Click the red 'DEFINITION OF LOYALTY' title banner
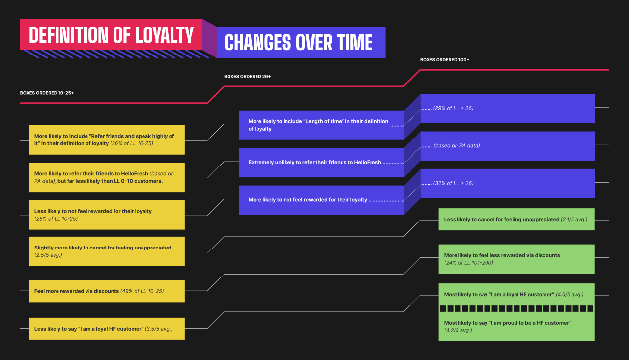pos(111,35)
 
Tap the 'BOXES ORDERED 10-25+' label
pos(47,93)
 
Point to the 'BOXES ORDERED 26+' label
pos(247,77)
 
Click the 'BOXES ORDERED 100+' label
pos(444,60)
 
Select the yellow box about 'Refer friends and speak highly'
pos(107,140)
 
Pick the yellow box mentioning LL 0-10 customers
pos(107,177)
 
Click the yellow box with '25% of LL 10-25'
pos(107,215)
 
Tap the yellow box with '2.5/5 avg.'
pos(107,251)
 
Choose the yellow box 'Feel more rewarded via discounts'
pos(107,291)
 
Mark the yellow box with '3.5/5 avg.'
pos(107,329)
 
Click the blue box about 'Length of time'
pos(321,125)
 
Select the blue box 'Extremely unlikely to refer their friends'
pos(321,162)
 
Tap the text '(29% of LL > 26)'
pos(453,108)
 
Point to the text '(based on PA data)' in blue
pos(457,146)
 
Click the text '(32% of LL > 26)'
pos(453,183)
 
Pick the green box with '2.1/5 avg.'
pos(516,220)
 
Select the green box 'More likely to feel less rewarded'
pos(516,259)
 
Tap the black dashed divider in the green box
pos(516,309)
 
